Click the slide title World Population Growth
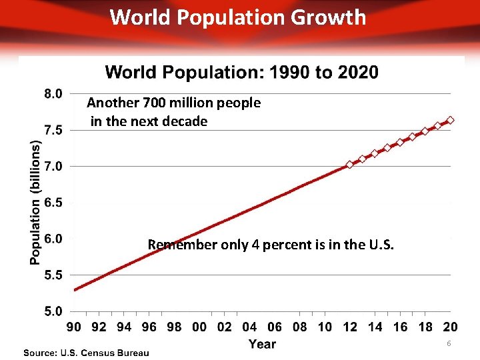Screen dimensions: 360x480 tap(238, 17)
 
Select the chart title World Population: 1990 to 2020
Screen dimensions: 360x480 tap(241, 72)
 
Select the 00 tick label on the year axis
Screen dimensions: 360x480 tap(199, 327)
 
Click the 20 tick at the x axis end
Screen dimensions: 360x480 tap(450, 327)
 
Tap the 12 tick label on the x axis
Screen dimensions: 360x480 tap(350, 327)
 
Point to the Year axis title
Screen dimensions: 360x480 tap(262, 344)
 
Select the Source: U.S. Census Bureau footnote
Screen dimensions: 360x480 tap(87, 352)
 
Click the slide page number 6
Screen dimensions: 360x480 tap(449, 343)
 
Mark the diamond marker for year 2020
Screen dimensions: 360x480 tap(450, 120)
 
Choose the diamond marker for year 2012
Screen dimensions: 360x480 tap(349, 164)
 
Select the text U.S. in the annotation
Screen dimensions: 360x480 tap(381, 245)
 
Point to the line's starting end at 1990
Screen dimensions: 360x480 tap(75, 289)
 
